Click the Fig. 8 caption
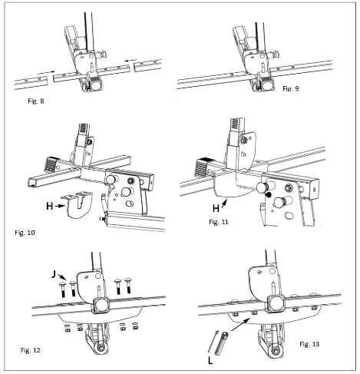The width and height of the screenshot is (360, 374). click(x=36, y=101)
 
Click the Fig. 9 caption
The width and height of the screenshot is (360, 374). click(x=291, y=88)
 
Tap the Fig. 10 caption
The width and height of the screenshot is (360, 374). click(x=25, y=233)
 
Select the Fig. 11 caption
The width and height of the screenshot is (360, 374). click(x=219, y=222)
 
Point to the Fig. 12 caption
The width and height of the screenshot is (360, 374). click(x=31, y=350)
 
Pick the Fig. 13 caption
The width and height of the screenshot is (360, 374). click(x=309, y=344)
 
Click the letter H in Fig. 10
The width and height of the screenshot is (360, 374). click(x=50, y=206)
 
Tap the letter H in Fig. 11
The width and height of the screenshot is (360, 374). click(x=216, y=209)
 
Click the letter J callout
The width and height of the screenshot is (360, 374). click(x=54, y=275)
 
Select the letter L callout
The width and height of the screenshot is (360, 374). click(x=210, y=361)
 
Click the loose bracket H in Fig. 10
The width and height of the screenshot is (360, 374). click(x=77, y=205)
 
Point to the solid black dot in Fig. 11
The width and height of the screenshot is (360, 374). click(x=268, y=195)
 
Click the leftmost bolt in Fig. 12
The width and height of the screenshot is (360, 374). click(x=63, y=289)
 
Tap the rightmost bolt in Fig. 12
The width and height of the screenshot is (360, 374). click(x=128, y=286)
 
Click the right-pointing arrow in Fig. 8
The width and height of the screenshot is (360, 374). click(x=46, y=72)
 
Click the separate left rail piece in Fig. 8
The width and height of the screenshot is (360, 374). click(x=31, y=83)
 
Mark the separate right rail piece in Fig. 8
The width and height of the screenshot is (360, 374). click(x=147, y=65)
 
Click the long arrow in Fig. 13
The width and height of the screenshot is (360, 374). click(x=241, y=325)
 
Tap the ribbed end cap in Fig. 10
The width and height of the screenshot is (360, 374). click(x=51, y=164)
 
